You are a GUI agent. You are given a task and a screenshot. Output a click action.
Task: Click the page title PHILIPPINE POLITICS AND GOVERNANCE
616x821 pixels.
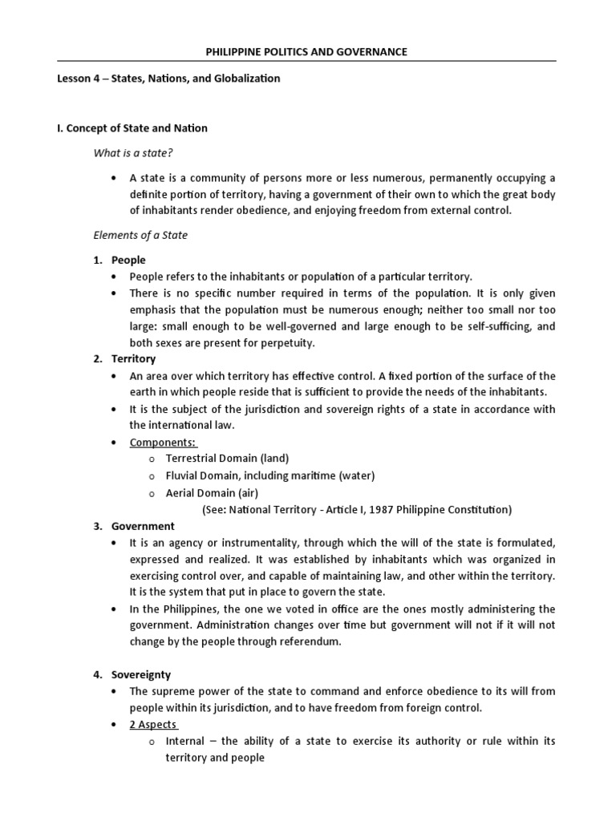(x=308, y=51)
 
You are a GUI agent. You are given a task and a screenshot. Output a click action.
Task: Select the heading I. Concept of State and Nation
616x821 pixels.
(x=133, y=128)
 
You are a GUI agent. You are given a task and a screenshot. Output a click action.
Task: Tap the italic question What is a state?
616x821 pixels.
(x=134, y=153)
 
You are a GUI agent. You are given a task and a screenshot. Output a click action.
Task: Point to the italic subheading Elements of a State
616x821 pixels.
(x=141, y=235)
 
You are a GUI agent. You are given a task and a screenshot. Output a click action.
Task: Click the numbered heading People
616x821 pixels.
(x=128, y=261)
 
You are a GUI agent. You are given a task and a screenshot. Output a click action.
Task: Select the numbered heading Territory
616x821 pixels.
(x=133, y=358)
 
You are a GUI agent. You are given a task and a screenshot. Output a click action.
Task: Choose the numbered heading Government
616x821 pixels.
(x=143, y=526)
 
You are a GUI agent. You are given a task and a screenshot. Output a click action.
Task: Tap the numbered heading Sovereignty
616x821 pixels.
(x=141, y=675)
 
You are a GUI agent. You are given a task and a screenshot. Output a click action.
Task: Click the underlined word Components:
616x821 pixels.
(x=164, y=443)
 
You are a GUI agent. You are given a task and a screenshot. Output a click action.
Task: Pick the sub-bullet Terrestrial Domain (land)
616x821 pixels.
(x=227, y=459)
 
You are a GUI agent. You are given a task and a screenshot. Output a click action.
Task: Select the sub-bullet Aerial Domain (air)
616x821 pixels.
(x=212, y=492)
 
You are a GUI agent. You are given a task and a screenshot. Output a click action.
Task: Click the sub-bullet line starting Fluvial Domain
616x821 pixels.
(x=269, y=475)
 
